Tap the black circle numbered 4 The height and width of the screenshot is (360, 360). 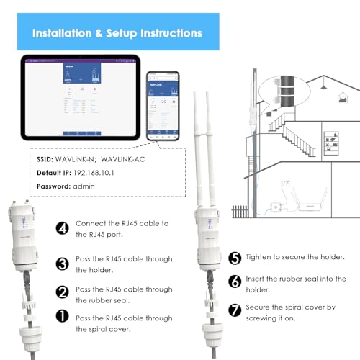pyautogui.click(x=62, y=228)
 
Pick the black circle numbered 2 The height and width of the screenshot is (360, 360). pyautogui.click(x=62, y=292)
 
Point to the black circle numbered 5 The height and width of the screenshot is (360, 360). pyautogui.click(x=234, y=257)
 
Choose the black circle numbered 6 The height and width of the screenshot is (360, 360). pyautogui.click(x=234, y=283)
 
